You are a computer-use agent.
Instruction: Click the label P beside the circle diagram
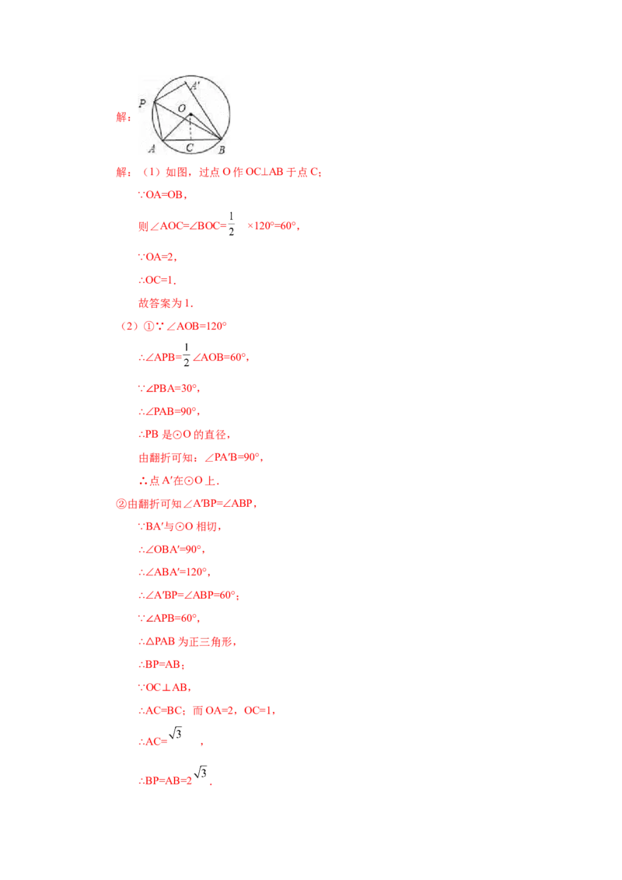click(142, 103)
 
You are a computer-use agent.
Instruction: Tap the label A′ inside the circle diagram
click(195, 86)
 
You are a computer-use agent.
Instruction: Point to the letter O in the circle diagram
click(181, 108)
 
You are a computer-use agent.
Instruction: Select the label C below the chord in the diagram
click(190, 148)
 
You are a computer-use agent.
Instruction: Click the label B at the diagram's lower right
click(222, 150)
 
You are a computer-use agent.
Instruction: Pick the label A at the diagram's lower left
click(152, 148)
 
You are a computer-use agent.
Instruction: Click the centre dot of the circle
click(190, 114)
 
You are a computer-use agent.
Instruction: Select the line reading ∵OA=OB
click(162, 195)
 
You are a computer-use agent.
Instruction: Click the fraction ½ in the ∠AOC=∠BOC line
click(231, 223)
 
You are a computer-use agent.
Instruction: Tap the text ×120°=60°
click(274, 226)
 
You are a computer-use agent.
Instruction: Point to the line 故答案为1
click(166, 303)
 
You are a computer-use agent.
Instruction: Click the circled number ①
click(149, 326)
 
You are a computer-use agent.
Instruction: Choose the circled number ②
click(121, 504)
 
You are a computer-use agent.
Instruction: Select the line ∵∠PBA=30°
click(169, 389)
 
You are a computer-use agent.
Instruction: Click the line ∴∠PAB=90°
click(169, 411)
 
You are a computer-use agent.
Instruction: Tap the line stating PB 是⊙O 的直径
click(185, 435)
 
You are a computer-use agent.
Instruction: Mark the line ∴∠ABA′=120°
click(174, 572)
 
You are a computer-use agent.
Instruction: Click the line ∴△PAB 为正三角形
click(187, 641)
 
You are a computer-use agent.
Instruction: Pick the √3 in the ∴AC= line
click(175, 733)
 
